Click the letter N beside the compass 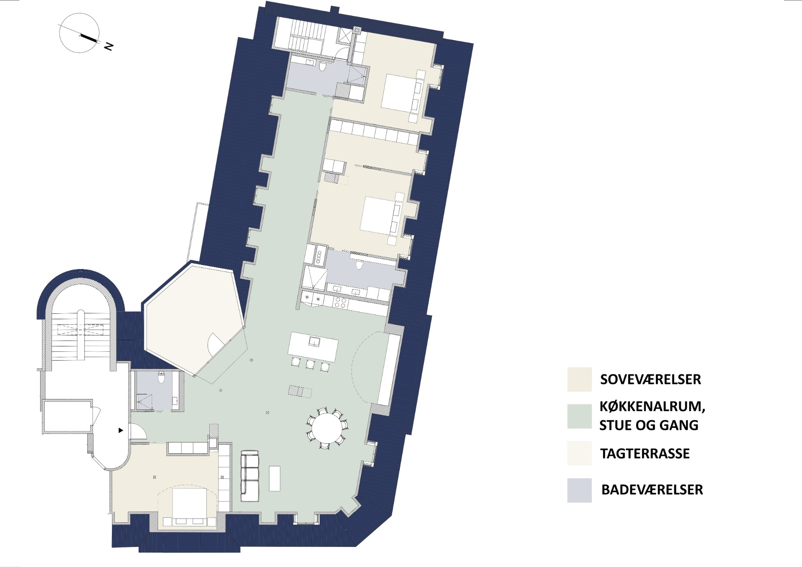pos(109,46)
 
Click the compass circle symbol pos(79,33)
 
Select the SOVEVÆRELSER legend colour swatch pos(579,379)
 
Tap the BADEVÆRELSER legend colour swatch pos(579,490)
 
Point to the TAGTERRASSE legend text pos(645,453)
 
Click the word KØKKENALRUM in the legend pos(652,407)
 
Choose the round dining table pos(328,428)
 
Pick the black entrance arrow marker pos(121,430)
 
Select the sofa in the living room pos(250,476)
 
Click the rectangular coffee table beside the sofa pos(274,478)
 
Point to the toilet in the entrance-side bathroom pos(162,378)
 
